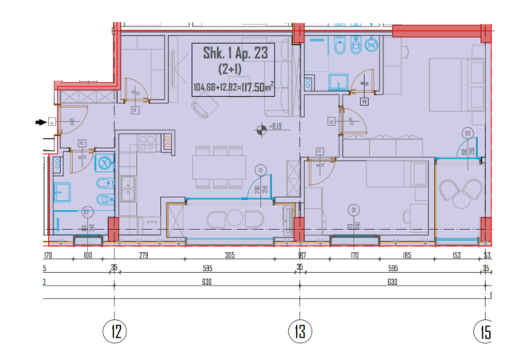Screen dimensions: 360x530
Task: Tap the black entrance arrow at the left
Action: [40, 122]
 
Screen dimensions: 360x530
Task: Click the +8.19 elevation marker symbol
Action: [260, 127]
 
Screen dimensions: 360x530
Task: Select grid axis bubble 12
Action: [116, 330]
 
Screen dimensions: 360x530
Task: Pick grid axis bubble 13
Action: [299, 330]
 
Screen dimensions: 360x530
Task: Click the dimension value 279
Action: [145, 256]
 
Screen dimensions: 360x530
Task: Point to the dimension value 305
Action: [229, 256]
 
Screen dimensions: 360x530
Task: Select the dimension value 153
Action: [457, 256]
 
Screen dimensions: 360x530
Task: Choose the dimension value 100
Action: [88, 256]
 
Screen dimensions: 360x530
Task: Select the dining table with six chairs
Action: [219, 166]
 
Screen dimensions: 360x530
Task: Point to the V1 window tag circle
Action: [260, 170]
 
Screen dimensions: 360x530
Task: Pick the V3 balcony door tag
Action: [468, 133]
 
